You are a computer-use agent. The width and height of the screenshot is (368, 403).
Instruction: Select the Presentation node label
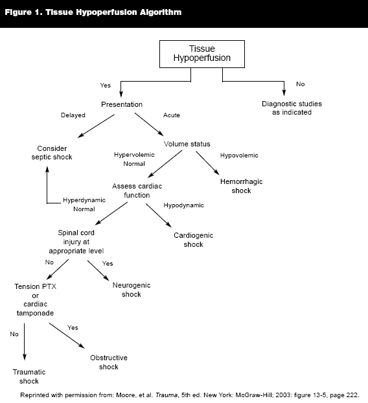(122, 104)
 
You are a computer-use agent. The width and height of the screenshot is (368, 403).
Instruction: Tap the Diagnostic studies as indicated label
(292, 108)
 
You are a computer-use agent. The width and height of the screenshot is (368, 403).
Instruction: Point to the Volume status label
(187, 144)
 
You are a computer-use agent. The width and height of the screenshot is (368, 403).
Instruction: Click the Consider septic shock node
(52, 153)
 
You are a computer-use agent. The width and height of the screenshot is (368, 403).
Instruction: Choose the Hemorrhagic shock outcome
(241, 186)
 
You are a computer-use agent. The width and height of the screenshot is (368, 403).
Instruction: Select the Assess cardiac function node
(137, 190)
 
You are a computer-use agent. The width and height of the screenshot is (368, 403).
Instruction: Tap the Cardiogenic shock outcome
(193, 240)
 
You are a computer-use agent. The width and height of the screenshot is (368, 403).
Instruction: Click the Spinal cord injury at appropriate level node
(76, 242)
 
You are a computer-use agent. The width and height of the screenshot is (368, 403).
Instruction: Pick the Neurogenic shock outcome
(132, 290)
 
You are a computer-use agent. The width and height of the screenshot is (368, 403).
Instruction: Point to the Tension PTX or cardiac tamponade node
(35, 300)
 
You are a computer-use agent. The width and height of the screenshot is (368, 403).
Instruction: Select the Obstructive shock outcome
(109, 362)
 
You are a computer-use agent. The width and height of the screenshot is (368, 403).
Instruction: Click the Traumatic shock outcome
(29, 376)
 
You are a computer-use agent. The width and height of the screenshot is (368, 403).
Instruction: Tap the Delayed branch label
(73, 115)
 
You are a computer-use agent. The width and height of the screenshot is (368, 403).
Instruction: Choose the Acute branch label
(172, 115)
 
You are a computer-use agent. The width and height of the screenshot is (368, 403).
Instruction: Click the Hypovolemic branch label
(239, 155)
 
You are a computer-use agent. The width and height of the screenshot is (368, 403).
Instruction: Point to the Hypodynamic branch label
(184, 205)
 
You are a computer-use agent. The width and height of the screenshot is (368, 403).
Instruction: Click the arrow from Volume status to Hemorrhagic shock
(207, 163)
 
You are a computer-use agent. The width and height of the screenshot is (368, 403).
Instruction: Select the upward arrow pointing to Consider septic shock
(47, 185)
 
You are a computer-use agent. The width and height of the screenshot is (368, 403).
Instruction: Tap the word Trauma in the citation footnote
(167, 395)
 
